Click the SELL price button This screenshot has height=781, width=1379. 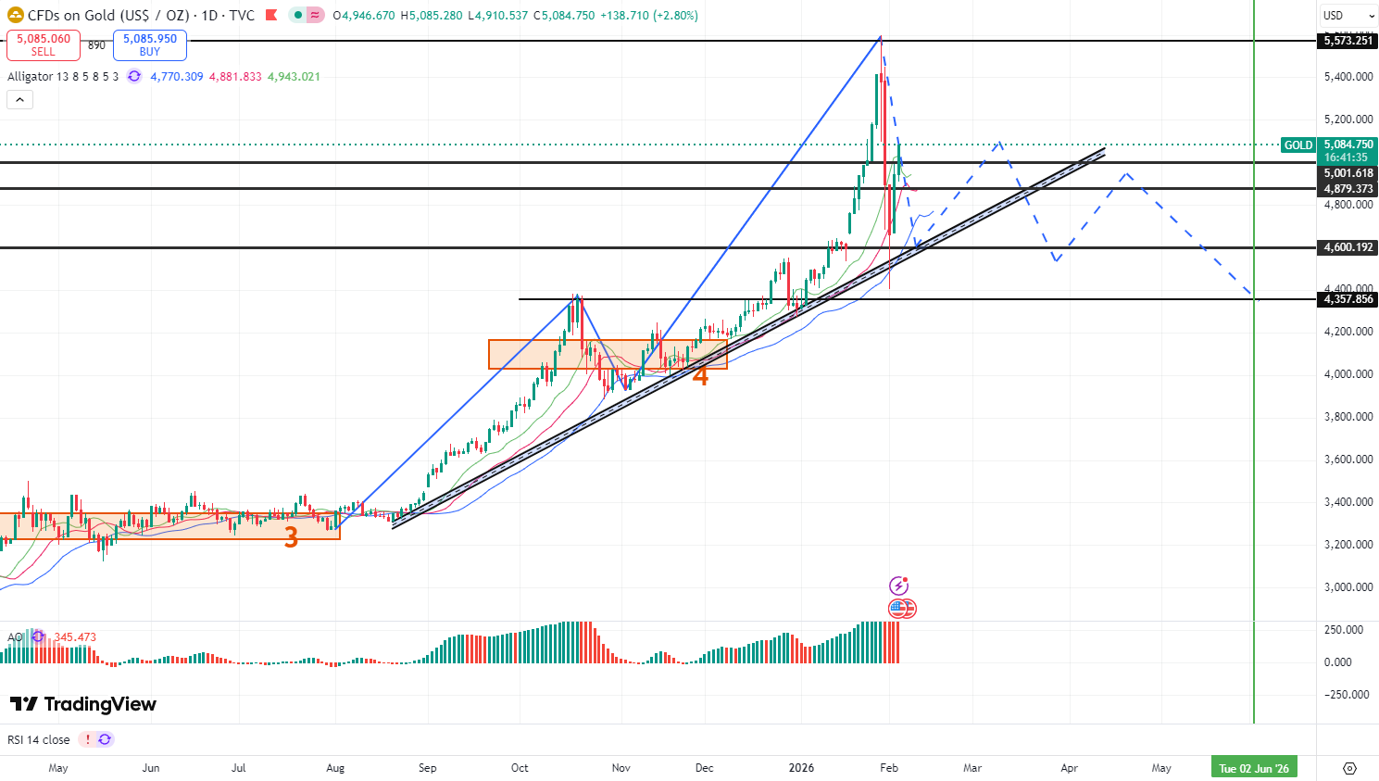[x=44, y=44]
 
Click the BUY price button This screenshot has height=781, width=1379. [x=150, y=44]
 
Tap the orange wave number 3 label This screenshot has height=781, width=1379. [x=291, y=537]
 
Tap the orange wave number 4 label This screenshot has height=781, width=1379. [x=701, y=376]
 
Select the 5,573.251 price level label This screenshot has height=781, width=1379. [x=1348, y=41]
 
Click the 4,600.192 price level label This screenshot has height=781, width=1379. [x=1348, y=247]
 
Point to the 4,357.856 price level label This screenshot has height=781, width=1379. [x=1348, y=299]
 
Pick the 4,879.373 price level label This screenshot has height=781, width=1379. [x=1348, y=189]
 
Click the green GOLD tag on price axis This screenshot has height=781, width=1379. [x=1298, y=145]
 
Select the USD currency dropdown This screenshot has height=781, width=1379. [x=1348, y=16]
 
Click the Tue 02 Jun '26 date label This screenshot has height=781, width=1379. [x=1254, y=768]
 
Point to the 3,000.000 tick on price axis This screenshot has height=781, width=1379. [x=1348, y=587]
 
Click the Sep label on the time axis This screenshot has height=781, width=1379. [x=427, y=768]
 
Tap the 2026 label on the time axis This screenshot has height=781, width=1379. [x=801, y=768]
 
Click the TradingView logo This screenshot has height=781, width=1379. [x=83, y=704]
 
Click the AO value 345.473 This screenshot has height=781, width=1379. [x=75, y=637]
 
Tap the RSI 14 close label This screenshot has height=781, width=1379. [x=38, y=740]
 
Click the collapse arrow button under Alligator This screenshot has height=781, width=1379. [x=20, y=100]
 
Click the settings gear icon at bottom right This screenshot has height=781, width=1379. [x=1349, y=768]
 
